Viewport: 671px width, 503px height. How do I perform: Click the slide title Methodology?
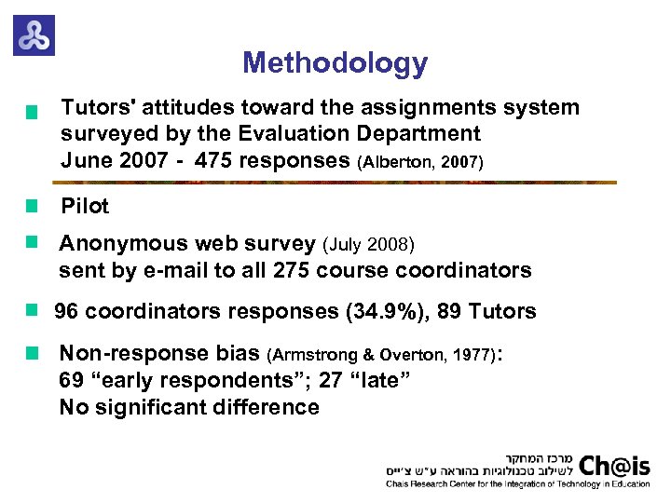335,63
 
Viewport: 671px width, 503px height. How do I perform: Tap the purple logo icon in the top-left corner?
34,35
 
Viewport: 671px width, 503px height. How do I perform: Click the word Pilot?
85,206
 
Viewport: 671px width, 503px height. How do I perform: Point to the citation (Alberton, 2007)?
419,162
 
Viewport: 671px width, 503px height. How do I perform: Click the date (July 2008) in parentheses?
368,245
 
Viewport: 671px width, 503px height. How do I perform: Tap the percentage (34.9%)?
385,311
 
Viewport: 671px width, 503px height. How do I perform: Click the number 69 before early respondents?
71,380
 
